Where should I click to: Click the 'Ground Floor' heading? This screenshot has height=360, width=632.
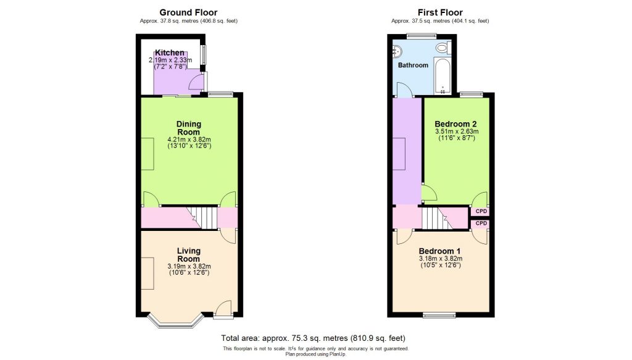click(188, 12)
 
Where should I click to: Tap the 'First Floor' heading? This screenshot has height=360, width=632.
click(439, 12)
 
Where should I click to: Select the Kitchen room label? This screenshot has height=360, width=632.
click(170, 53)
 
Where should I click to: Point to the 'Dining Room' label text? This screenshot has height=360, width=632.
click(189, 128)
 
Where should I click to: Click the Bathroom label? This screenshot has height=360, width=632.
click(412, 65)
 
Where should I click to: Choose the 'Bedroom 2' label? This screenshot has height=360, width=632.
click(456, 123)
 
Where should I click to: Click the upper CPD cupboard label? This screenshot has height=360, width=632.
click(481, 212)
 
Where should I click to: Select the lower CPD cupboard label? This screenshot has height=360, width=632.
click(481, 223)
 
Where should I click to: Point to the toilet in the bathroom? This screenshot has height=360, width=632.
click(442, 48)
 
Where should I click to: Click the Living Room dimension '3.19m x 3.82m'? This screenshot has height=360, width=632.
click(189, 266)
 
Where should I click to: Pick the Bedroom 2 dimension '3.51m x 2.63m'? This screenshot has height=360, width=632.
click(456, 132)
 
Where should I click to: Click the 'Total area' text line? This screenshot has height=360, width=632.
click(314, 338)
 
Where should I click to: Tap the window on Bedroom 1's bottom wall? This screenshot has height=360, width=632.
click(439, 316)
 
